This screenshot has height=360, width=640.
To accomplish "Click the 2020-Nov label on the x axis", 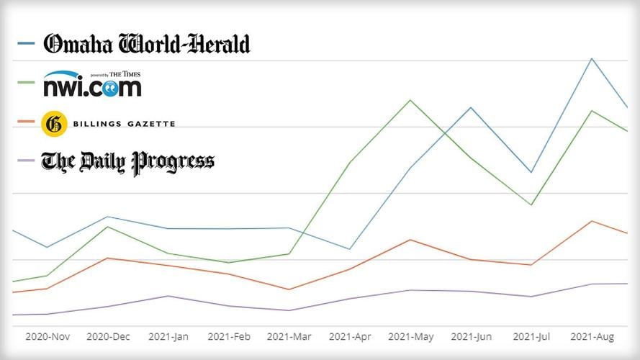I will [48, 336].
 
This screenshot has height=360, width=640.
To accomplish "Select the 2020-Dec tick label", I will [108, 336].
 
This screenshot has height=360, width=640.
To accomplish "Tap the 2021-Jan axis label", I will [168, 336].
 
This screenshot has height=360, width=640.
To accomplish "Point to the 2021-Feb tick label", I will [229, 336].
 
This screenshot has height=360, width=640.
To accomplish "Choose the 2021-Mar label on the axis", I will [289, 336].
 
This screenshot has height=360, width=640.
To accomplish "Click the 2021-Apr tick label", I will [350, 336].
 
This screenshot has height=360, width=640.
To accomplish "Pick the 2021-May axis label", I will [410, 336].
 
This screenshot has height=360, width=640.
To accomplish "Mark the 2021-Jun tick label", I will [471, 336].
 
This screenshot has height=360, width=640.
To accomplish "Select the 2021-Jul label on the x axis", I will [531, 336].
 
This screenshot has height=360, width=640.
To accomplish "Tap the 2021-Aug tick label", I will [592, 336].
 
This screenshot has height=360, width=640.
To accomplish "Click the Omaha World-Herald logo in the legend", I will [147, 44].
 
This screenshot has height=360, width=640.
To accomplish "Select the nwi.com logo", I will [92, 84].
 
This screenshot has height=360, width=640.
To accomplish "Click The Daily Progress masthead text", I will [127, 161].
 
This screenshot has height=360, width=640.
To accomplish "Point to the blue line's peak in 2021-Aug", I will [592, 58].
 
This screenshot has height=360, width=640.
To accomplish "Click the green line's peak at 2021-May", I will [410, 100].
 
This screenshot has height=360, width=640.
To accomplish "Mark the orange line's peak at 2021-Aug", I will [592, 221].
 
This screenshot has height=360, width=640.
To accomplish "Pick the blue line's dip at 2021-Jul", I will [531, 172].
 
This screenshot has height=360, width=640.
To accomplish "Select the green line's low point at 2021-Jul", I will [531, 205].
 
